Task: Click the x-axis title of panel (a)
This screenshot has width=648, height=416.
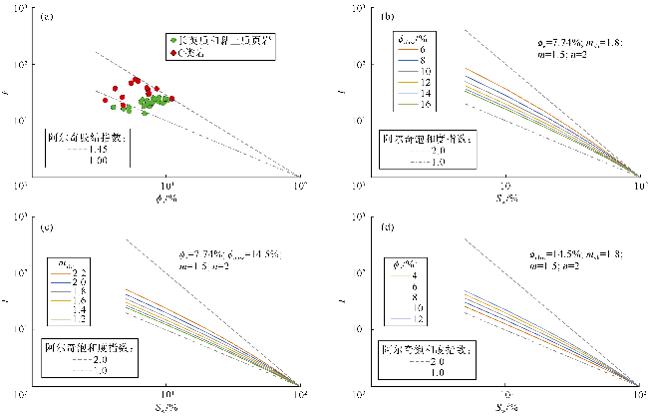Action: [157, 194]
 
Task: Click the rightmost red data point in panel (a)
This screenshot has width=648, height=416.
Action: [171, 98]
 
